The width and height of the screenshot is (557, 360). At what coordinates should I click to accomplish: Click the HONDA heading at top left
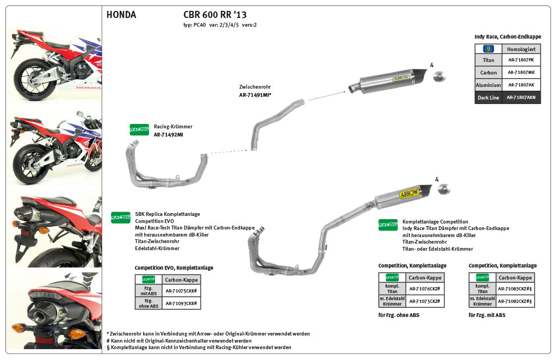(121, 15)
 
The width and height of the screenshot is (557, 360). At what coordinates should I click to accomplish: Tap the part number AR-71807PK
(521, 60)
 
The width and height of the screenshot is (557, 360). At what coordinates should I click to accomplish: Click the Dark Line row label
(488, 98)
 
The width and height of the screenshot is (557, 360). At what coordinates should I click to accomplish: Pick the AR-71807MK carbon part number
(521, 72)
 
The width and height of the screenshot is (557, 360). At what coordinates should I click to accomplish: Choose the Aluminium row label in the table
(488, 85)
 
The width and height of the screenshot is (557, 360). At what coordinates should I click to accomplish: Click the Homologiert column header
(521, 48)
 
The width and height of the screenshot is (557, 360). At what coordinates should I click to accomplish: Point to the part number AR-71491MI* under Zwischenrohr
(255, 95)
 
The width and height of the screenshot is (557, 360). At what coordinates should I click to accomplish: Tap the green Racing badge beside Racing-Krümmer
(139, 129)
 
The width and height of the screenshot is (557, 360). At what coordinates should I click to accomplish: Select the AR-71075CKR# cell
(181, 291)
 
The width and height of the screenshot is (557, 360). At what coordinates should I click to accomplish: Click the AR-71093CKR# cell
(181, 303)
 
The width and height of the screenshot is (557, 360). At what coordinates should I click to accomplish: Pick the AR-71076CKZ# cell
(424, 289)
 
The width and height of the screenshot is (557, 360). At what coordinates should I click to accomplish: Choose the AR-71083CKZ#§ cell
(515, 289)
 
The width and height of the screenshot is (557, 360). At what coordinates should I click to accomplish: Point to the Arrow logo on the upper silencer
(400, 78)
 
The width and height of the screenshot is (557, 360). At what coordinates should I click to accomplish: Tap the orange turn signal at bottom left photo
(76, 333)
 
